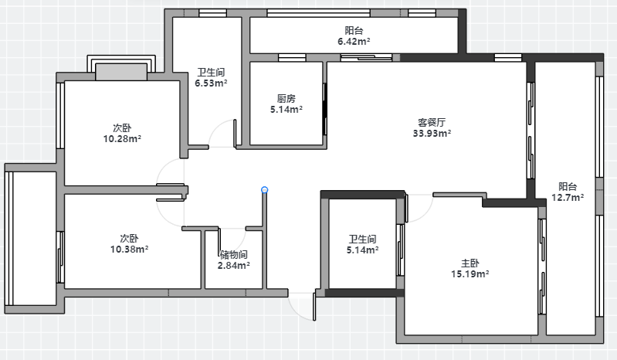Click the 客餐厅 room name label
tap(432, 122)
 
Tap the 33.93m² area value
tap(432, 134)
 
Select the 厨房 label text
tap(286, 98)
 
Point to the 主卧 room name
tap(470, 263)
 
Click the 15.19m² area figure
tap(470, 273)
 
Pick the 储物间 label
tap(234, 254)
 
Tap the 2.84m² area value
tap(234, 266)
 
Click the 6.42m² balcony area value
tap(354, 41)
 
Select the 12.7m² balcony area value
tap(568, 198)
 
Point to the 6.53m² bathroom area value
tap(211, 83)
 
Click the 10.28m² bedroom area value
tap(122, 139)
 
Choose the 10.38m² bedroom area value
tap(129, 250)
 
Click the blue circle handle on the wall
tap(264, 190)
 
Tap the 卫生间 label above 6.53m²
tap(211, 72)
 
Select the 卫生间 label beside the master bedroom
tap(362, 239)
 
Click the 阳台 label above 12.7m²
tap(568, 186)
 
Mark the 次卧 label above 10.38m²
tap(129, 239)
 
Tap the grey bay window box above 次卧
tap(121, 72)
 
